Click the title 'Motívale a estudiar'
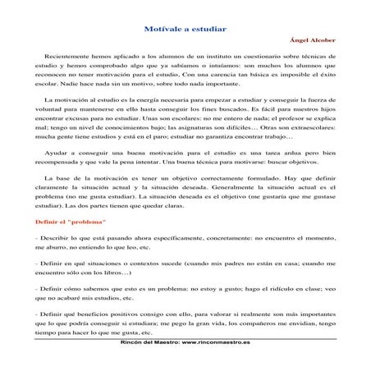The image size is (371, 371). pos(185,28)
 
